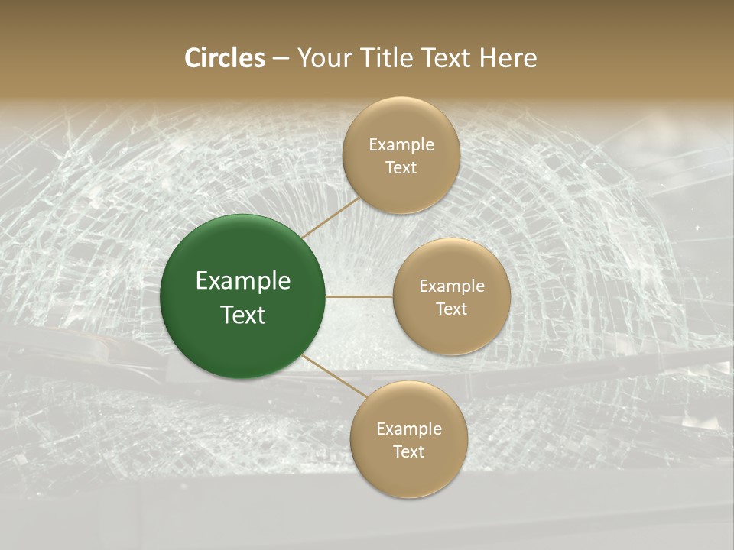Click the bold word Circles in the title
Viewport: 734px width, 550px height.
[224, 58]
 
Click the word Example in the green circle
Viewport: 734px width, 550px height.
[243, 281]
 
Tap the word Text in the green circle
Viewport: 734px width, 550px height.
[243, 314]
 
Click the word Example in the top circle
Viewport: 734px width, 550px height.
[401, 144]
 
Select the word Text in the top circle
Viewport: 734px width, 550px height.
[401, 167]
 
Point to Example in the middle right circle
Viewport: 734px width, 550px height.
[451, 286]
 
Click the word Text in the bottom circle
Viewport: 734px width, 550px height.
[408, 451]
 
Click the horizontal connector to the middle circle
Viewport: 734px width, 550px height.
[359, 296]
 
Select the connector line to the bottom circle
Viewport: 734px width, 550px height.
[334, 376]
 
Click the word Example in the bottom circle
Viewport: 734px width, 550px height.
[408, 429]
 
